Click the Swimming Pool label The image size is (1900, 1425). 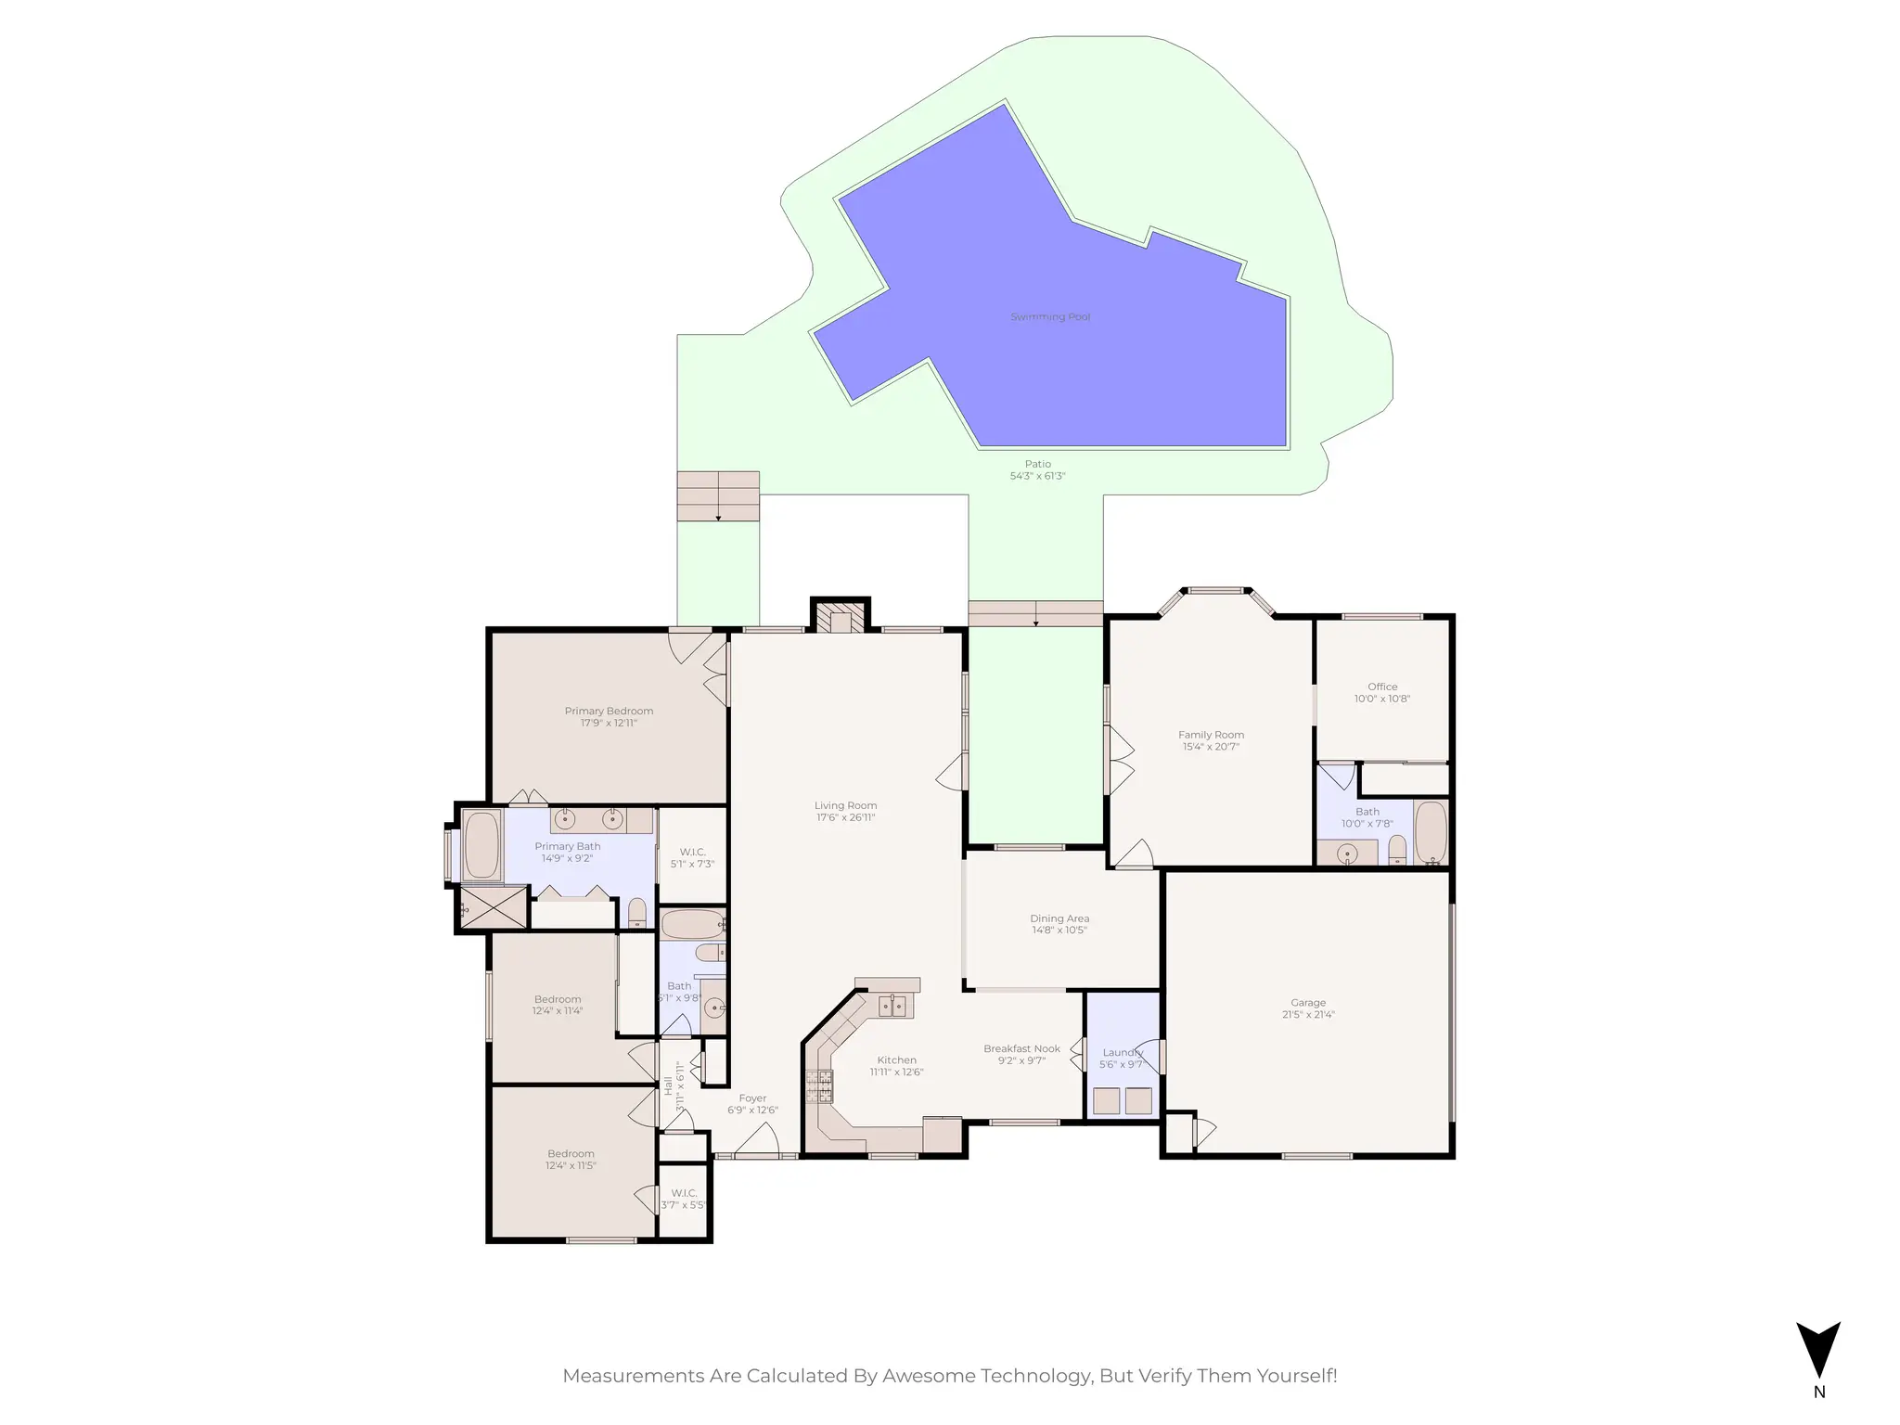(x=1049, y=317)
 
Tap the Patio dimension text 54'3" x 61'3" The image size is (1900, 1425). (x=1037, y=476)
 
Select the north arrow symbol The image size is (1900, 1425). (x=1817, y=1351)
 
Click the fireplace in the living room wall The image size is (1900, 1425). (x=841, y=619)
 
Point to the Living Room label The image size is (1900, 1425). (x=845, y=805)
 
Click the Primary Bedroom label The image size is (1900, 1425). (x=609, y=711)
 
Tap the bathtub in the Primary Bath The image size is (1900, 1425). (x=481, y=844)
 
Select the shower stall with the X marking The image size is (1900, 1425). (x=493, y=907)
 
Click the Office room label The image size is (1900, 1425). (x=1381, y=687)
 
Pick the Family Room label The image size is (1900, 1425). (x=1211, y=735)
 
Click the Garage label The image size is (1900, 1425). (x=1307, y=1002)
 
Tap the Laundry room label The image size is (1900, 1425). (x=1122, y=1052)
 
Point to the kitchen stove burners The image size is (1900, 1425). (x=819, y=1086)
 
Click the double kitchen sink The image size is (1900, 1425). (x=892, y=1005)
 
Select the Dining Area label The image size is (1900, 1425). (x=1059, y=918)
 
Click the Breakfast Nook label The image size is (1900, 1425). (x=1021, y=1048)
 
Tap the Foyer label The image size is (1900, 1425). (x=752, y=1098)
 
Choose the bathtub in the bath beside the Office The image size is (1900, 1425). (x=1431, y=832)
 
